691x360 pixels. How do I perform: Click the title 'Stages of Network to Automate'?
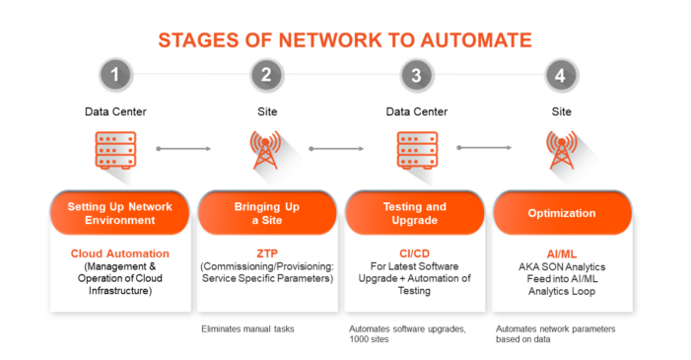[345, 39]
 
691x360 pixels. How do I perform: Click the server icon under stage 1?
[114, 149]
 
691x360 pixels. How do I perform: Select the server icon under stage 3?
[413, 149]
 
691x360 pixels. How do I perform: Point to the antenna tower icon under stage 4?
[561, 148]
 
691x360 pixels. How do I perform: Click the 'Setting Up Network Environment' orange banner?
[119, 213]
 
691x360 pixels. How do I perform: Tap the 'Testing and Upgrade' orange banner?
[414, 213]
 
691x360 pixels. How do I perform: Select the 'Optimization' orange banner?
[561, 213]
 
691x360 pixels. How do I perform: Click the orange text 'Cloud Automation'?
[120, 253]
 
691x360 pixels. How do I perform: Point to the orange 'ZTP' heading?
[266, 253]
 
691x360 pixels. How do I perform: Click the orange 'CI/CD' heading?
[414, 253]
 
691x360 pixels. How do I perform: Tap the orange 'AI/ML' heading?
[561, 253]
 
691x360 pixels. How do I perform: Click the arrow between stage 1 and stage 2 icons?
[184, 149]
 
